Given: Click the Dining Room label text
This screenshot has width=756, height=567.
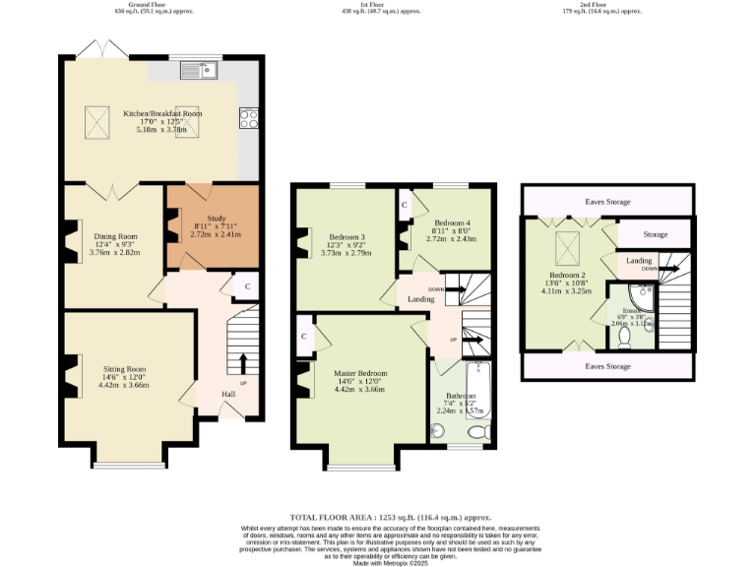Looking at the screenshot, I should [115, 236].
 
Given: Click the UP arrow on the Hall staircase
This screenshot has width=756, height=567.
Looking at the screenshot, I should [243, 367].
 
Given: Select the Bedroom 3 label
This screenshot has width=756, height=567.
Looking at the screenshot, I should [346, 237].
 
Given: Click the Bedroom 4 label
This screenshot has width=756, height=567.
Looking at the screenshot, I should [452, 223].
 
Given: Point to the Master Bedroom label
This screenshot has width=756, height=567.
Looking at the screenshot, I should [359, 373].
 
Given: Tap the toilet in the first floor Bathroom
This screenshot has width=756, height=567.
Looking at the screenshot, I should [479, 431].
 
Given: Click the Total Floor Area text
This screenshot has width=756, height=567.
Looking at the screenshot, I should [390, 517].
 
